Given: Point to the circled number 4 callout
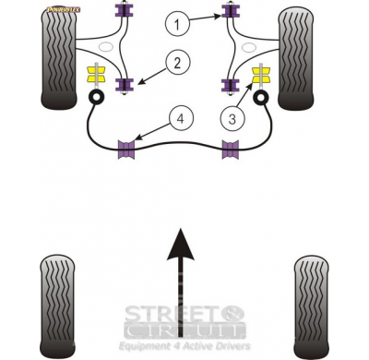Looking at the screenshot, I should tap(180, 117).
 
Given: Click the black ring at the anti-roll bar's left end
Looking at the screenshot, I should tap(94, 96).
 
